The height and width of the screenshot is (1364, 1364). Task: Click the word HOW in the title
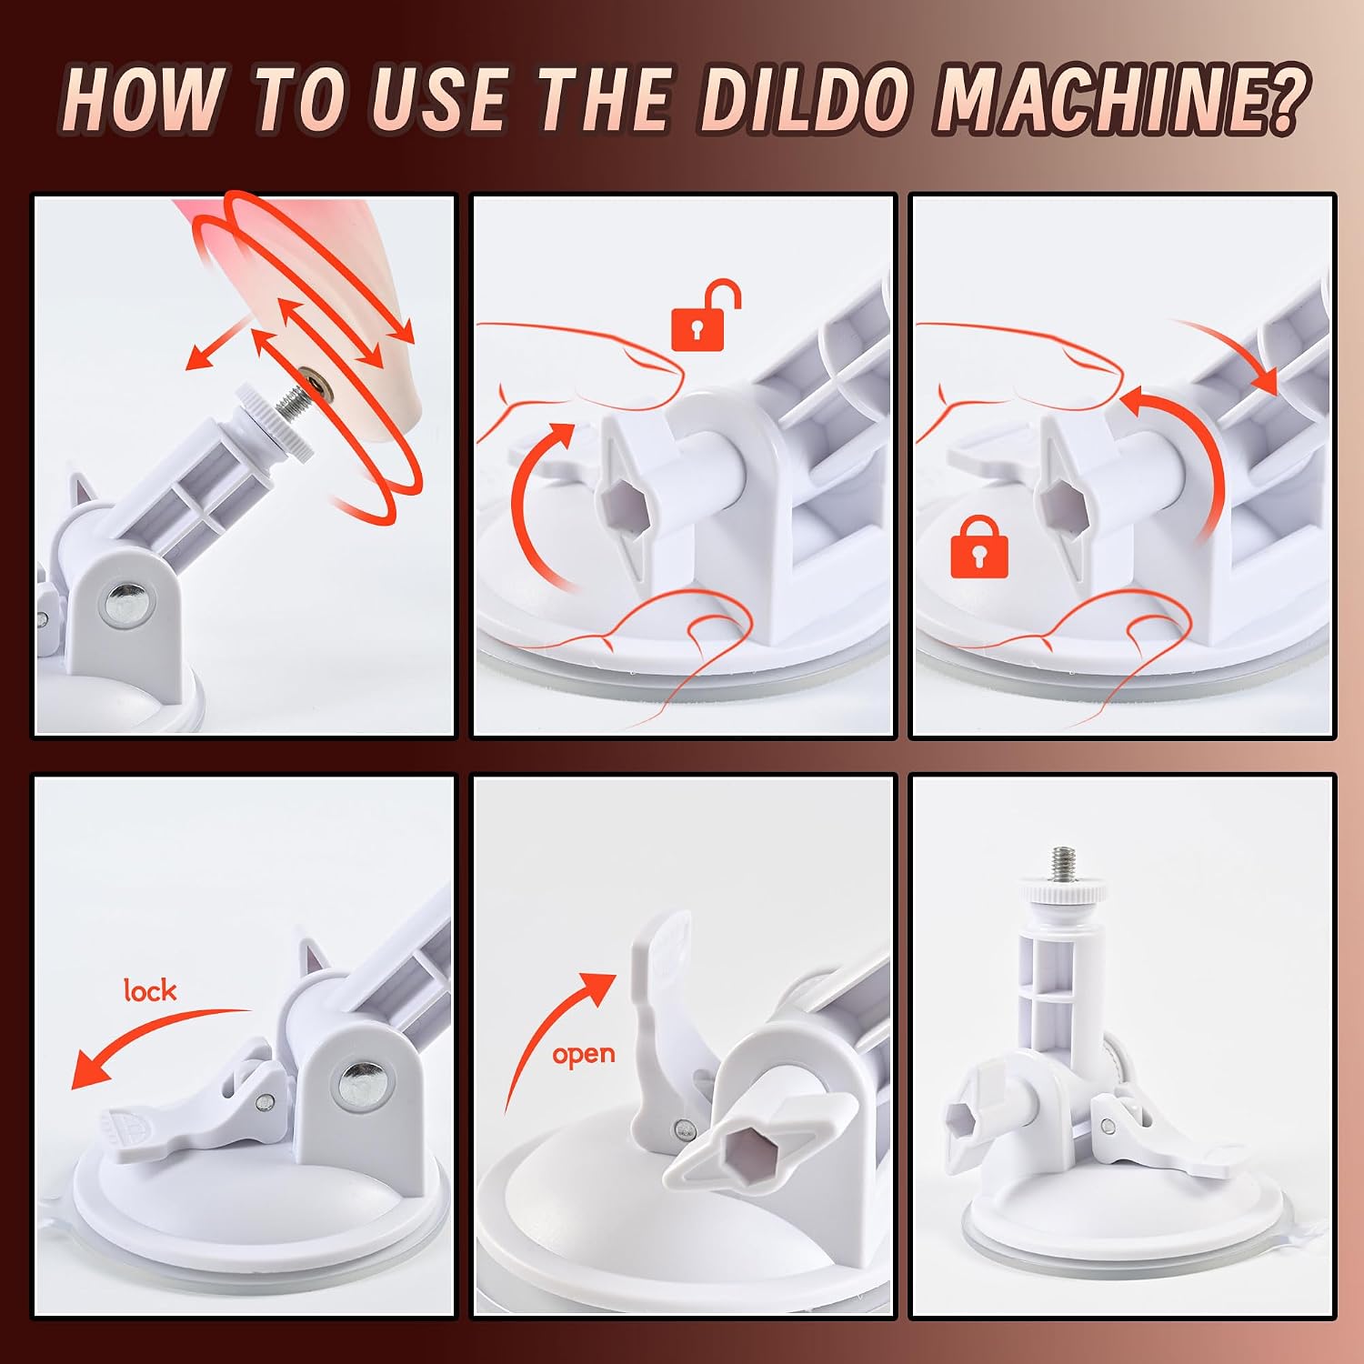145,99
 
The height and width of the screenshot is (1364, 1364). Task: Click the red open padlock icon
705,315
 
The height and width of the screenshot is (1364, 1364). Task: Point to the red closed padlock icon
979,547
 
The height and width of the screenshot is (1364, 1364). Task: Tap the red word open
584,1055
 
